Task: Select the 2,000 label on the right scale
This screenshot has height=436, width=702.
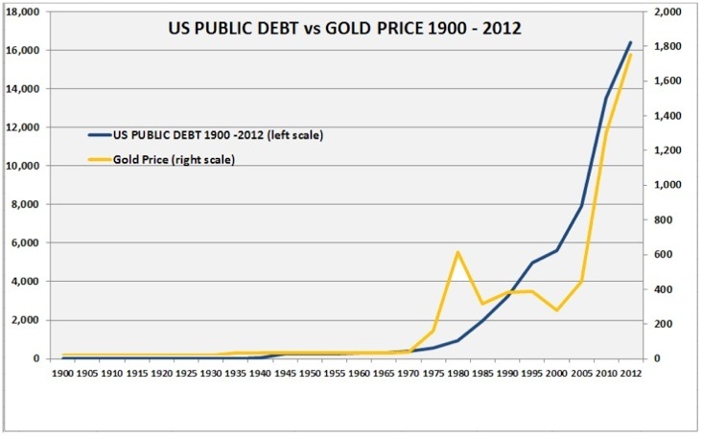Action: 666,11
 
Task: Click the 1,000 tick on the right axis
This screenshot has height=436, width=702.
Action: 666,185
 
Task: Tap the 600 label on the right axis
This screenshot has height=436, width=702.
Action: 661,254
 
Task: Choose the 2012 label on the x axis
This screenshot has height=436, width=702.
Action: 631,371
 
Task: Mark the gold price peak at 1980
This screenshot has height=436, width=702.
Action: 457,252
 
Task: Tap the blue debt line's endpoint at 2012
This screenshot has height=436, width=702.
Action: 630,42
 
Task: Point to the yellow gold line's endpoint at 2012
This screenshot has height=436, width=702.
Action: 630,55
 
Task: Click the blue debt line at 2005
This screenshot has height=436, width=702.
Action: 581,205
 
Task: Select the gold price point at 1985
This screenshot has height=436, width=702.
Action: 482,304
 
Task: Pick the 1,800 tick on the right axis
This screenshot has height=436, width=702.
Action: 666,46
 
